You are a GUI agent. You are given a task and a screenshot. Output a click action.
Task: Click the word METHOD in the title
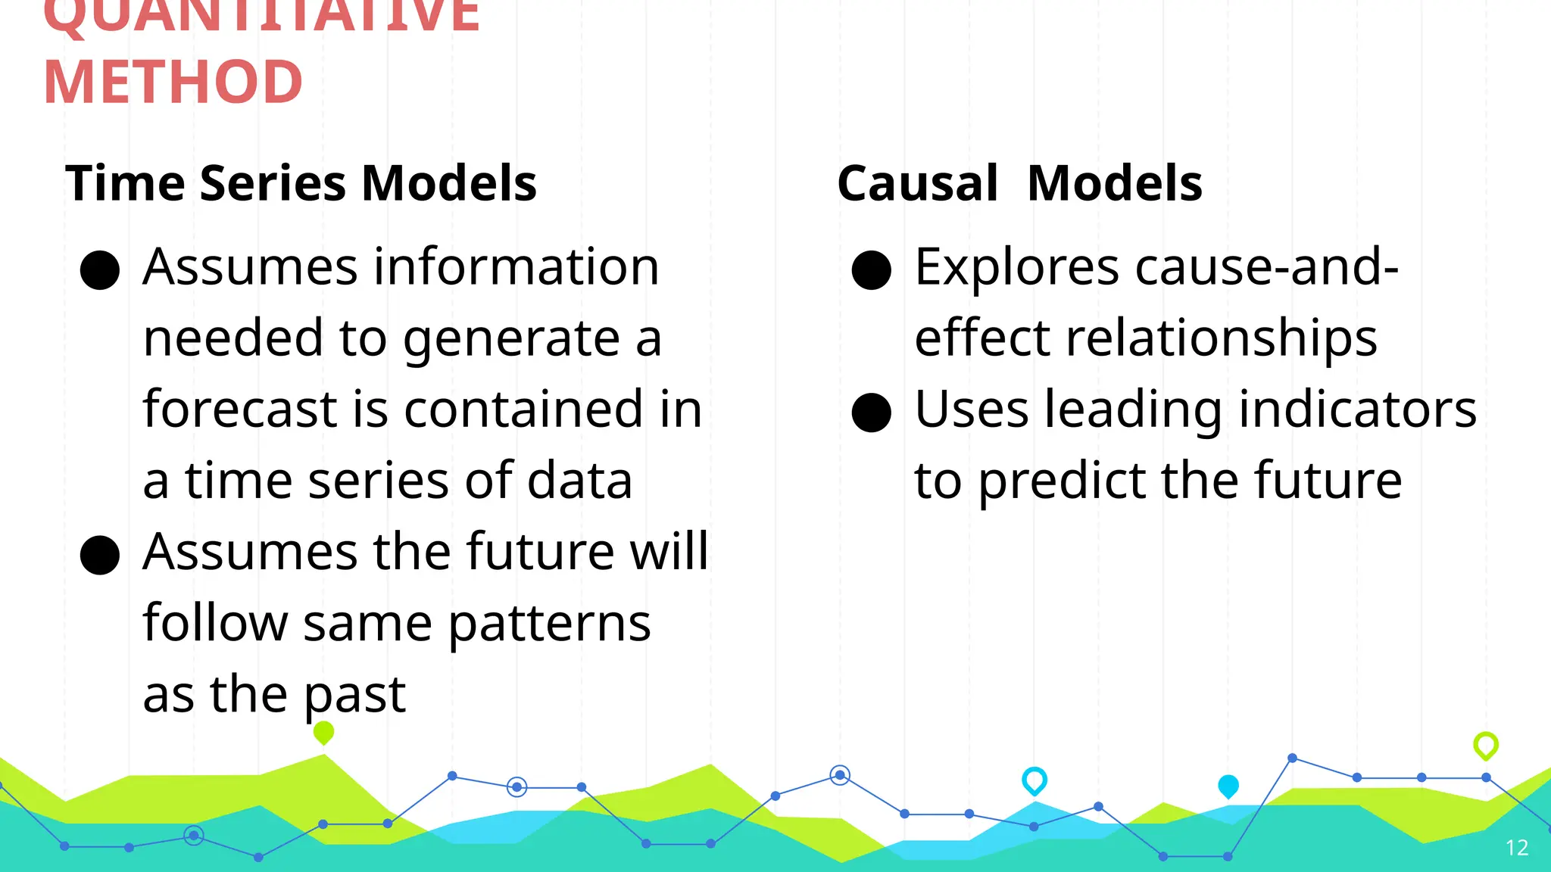(x=173, y=82)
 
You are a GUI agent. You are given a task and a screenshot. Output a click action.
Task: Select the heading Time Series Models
(x=301, y=183)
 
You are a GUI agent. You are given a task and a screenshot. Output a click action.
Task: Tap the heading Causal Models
(x=1019, y=183)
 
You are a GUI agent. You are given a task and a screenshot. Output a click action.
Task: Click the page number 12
(x=1516, y=848)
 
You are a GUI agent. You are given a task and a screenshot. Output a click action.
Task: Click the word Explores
(x=1016, y=268)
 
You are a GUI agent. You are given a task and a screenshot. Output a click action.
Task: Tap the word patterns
(x=550, y=624)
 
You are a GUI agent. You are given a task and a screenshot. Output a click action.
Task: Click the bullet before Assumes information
(x=100, y=270)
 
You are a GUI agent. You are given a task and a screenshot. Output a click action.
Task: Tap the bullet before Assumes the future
(x=100, y=555)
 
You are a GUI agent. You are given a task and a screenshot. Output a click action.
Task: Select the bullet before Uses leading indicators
(x=871, y=413)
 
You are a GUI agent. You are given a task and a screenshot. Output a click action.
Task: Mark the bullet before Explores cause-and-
(x=871, y=270)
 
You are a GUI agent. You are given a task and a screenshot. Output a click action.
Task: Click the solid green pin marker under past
(x=323, y=732)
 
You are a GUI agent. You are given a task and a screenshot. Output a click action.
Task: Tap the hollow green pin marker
(x=1485, y=745)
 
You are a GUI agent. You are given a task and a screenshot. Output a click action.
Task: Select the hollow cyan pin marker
(x=1034, y=780)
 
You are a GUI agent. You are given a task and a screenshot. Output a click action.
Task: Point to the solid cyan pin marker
(x=1228, y=786)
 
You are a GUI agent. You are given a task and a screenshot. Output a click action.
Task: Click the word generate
(x=511, y=338)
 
